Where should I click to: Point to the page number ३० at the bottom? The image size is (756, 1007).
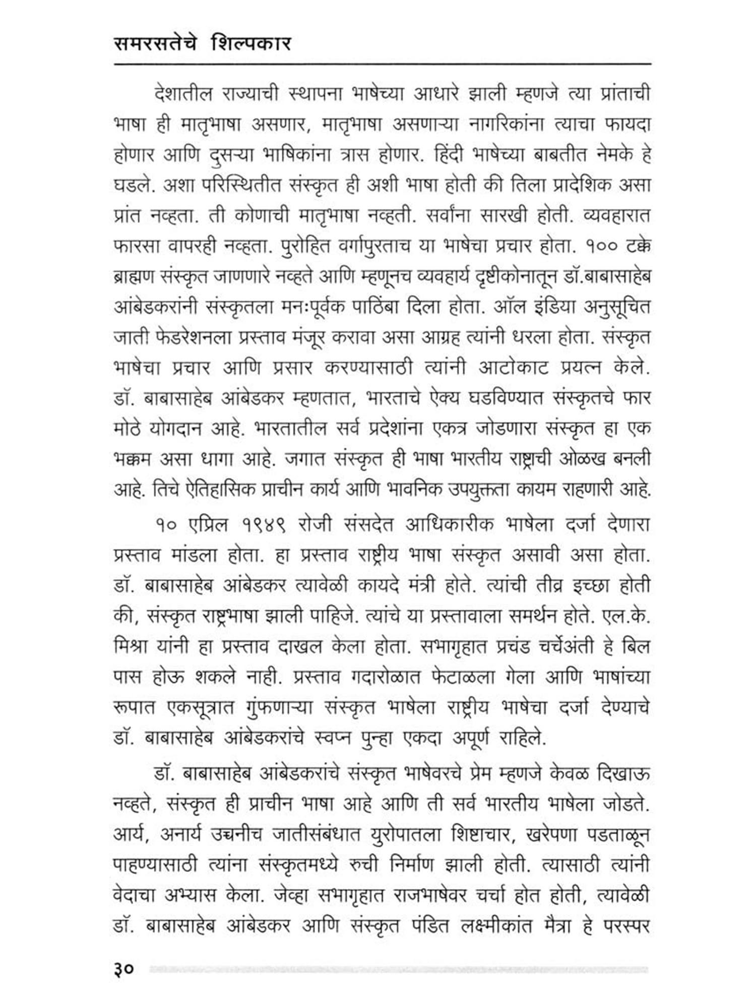[x=123, y=968]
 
